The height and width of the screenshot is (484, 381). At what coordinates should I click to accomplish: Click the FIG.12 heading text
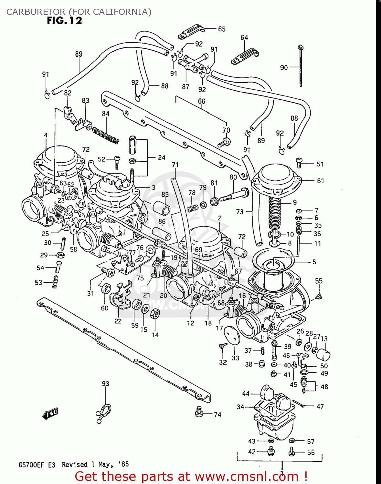pyautogui.click(x=65, y=21)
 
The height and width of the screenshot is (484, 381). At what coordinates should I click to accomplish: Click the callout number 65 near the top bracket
pyautogui.click(x=222, y=29)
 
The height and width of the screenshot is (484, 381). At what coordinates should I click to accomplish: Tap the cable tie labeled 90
pyautogui.click(x=301, y=66)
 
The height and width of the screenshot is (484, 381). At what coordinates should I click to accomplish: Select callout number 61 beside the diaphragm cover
pyautogui.click(x=320, y=181)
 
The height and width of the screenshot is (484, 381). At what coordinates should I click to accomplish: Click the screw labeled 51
pyautogui.click(x=299, y=163)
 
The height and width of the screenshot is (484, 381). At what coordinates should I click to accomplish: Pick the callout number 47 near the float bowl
pyautogui.click(x=320, y=407)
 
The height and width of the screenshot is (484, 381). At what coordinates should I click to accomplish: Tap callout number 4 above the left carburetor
pyautogui.click(x=46, y=135)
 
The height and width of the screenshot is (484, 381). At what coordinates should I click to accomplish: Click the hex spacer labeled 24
pyautogui.click(x=133, y=145)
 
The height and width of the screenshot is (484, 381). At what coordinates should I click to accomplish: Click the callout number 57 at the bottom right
pyautogui.click(x=311, y=441)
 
